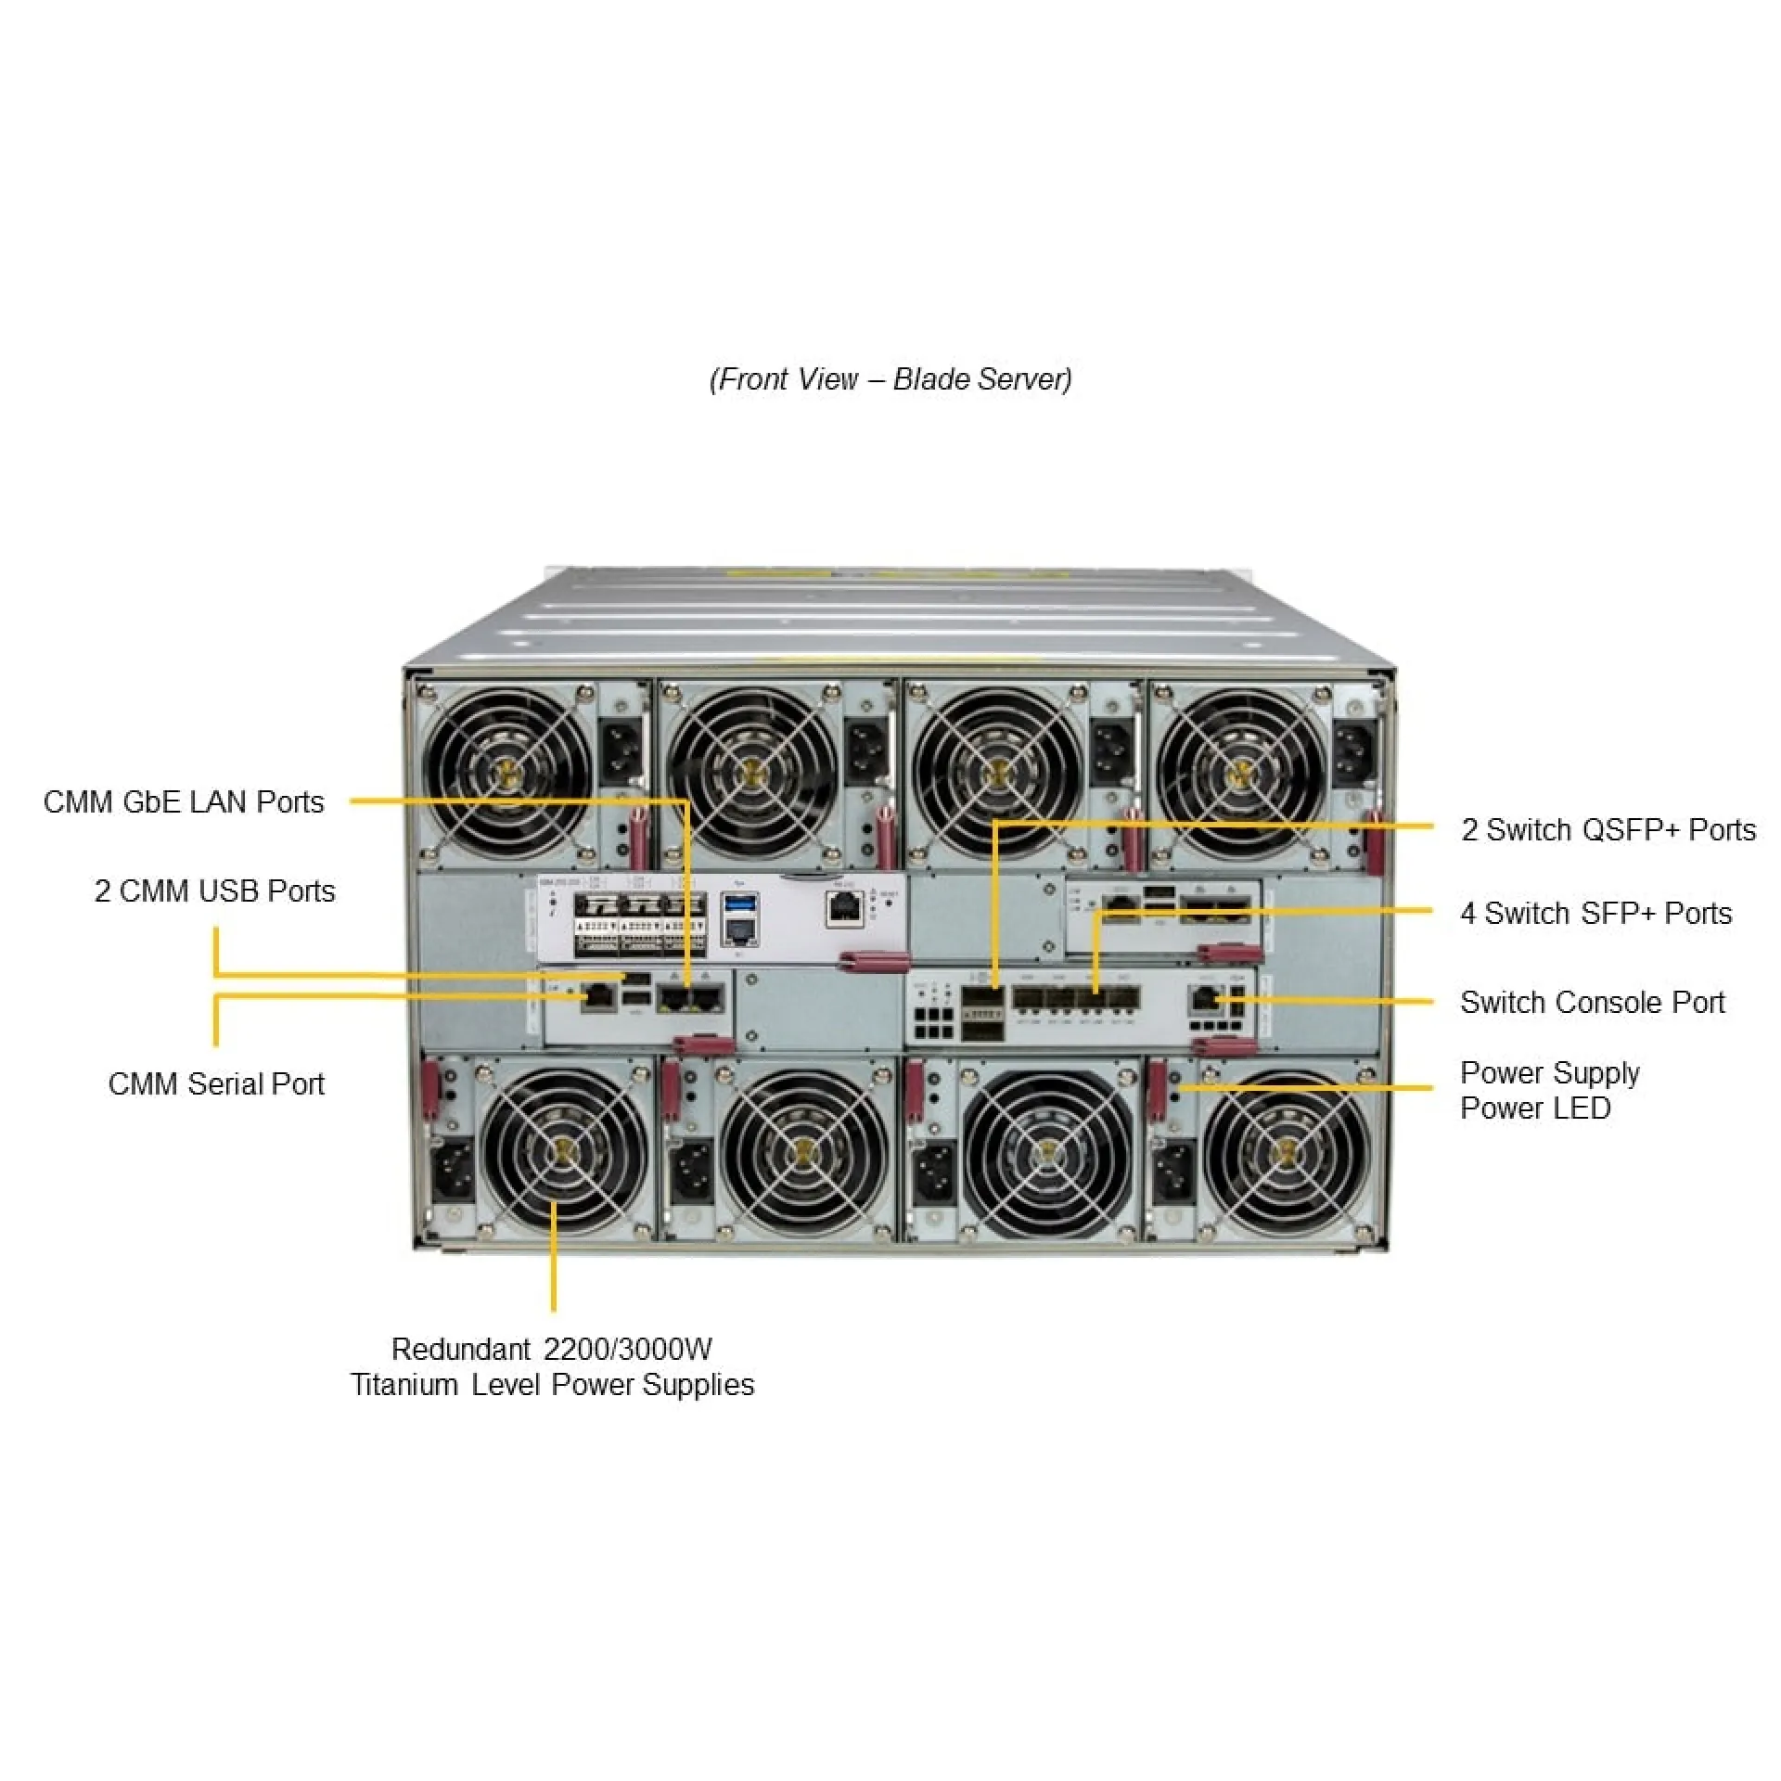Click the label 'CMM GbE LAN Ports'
[x=184, y=802]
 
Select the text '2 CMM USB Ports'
[x=214, y=891]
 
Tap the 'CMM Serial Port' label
[x=216, y=1084]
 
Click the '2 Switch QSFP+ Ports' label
[x=1608, y=830]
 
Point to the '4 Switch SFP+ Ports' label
[x=1595, y=914]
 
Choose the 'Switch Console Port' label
[x=1592, y=1003]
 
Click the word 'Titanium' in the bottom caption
[x=404, y=1385]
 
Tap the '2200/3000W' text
[x=627, y=1350]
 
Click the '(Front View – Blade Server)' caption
[x=890, y=379]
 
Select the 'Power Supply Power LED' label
[x=1549, y=1091]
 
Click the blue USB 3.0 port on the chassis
[x=739, y=903]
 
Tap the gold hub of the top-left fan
[x=507, y=771]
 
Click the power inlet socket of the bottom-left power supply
[x=453, y=1172]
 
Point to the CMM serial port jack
[x=597, y=998]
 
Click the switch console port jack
[x=1204, y=1000]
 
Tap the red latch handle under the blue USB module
[x=872, y=961]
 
